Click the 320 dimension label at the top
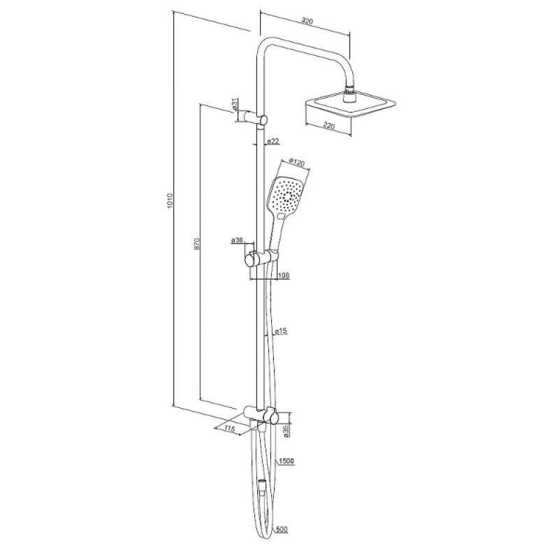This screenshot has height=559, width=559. click(x=307, y=22)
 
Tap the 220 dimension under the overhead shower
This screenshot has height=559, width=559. click(x=328, y=126)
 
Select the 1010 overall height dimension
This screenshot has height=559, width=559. click(x=170, y=201)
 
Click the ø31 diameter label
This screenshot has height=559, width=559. click(x=234, y=103)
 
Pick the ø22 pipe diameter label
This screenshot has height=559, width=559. click(x=273, y=141)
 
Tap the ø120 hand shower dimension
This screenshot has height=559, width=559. click(x=296, y=163)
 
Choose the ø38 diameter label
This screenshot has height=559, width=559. click(x=237, y=240)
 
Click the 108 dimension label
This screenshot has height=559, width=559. click(x=284, y=275)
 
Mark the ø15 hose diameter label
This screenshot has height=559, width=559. click(x=282, y=331)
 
